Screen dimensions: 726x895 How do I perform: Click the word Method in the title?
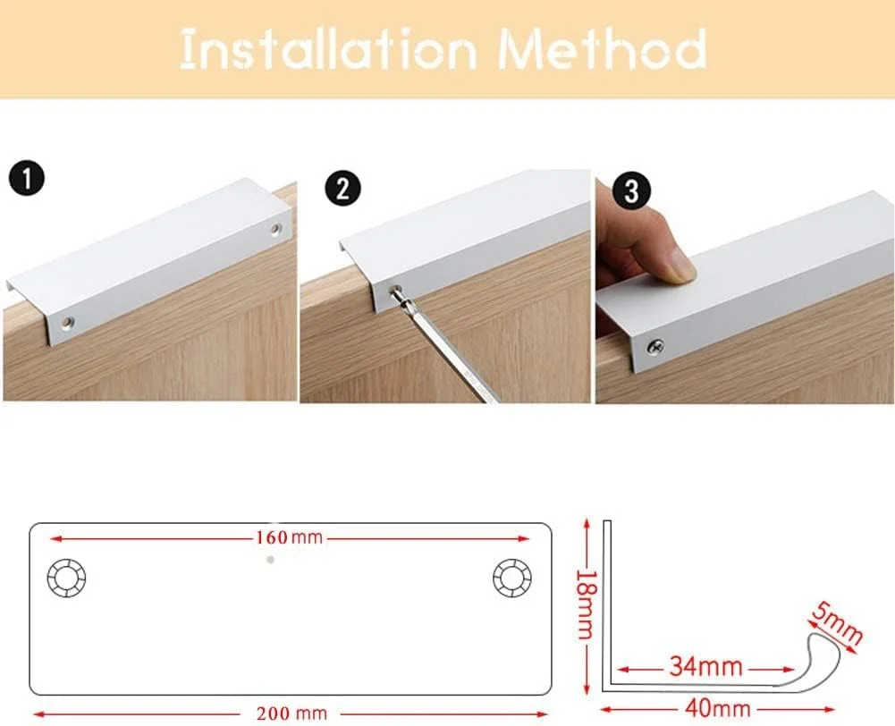603,50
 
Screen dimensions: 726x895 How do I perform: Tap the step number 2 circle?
343,189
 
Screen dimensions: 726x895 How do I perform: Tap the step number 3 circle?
632,192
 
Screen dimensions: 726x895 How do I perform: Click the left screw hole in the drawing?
66,580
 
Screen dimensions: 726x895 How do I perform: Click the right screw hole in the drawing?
511,579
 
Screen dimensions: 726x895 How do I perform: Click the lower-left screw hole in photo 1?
67,319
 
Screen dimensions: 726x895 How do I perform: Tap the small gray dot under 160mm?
269,560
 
